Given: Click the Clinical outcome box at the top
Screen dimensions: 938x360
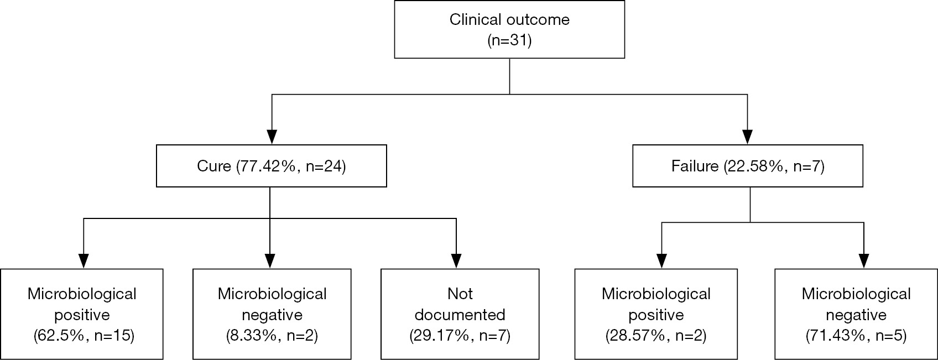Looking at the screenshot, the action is pyautogui.click(x=509, y=29).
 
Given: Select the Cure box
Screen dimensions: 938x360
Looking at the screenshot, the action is pyautogui.click(x=272, y=166).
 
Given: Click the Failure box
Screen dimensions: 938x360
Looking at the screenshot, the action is pyautogui.click(x=748, y=166).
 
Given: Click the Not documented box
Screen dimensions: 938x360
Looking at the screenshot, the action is pyautogui.click(x=460, y=314).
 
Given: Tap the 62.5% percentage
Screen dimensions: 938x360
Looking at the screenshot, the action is pyautogui.click(x=61, y=336).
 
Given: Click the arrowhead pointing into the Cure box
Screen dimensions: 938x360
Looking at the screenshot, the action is pyautogui.click(x=272, y=137).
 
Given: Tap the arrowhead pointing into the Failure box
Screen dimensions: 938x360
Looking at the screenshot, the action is pyautogui.click(x=748, y=137).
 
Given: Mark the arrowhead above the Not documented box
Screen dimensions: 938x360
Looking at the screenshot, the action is pyautogui.click(x=456, y=261).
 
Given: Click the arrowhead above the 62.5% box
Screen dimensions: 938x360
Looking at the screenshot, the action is pyautogui.click(x=84, y=261).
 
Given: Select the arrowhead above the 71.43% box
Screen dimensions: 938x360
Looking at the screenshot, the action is pyautogui.click(x=864, y=261).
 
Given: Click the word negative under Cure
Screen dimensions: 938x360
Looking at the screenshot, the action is pyautogui.click(x=272, y=315).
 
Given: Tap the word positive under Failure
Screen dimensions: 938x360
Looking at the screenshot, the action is pyautogui.click(x=656, y=315).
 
